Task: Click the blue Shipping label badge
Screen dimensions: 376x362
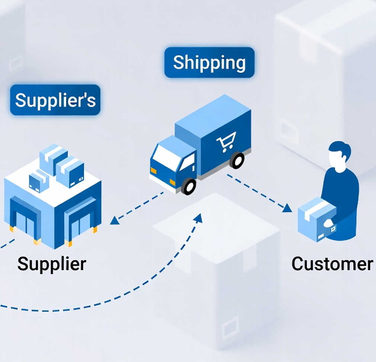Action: [x=209, y=63]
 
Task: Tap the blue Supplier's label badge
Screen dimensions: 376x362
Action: [x=55, y=100]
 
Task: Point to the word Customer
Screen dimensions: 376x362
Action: [x=332, y=264]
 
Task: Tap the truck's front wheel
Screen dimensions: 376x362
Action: [x=189, y=186]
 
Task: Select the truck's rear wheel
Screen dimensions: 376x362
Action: [x=237, y=160]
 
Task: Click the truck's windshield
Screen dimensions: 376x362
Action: [x=166, y=155]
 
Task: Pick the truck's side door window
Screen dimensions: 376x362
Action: [x=188, y=162]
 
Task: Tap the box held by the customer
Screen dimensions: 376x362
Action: [x=316, y=219]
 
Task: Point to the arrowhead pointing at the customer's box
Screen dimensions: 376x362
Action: [x=287, y=208]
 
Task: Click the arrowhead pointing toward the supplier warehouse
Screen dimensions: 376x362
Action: [x=115, y=220]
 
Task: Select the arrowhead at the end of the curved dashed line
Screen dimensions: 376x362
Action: [x=198, y=218]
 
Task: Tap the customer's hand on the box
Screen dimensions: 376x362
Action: [x=328, y=223]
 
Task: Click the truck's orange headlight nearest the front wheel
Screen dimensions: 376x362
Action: [x=173, y=182]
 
